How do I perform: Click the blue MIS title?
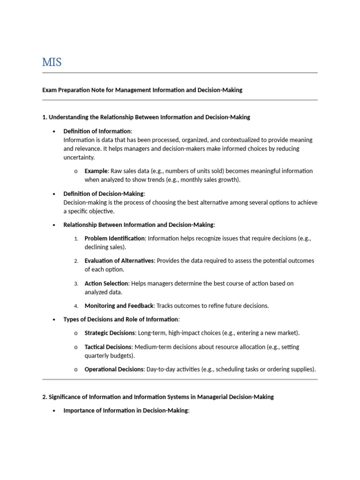(x=52, y=62)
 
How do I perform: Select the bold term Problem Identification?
(x=115, y=238)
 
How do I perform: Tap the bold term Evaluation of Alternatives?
(x=119, y=261)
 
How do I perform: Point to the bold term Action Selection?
(x=106, y=283)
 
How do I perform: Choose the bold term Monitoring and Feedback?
(x=119, y=306)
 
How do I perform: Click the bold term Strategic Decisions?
(x=110, y=333)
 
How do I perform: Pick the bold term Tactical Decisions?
(x=108, y=347)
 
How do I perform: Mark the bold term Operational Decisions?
(x=114, y=369)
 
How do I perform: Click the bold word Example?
(x=96, y=171)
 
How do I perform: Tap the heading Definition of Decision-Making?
(x=104, y=194)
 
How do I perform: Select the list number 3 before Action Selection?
(x=76, y=284)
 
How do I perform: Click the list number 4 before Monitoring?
(x=76, y=306)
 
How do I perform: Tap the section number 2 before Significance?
(x=45, y=397)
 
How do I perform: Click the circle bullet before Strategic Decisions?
(x=76, y=333)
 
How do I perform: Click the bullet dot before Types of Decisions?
(x=54, y=320)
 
